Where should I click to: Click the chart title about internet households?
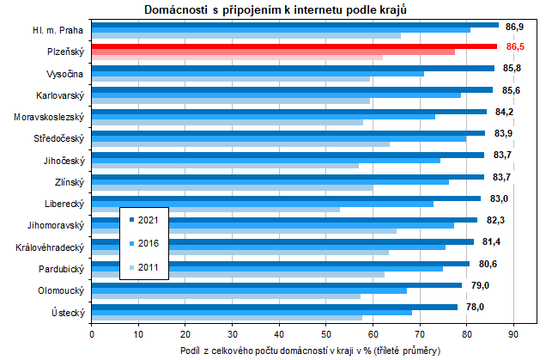tap(275, 9)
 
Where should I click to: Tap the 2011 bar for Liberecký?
tap(215, 209)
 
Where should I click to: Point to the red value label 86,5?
tap(516, 46)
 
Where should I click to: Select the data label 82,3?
tap(497, 220)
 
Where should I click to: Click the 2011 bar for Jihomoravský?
tap(244, 230)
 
